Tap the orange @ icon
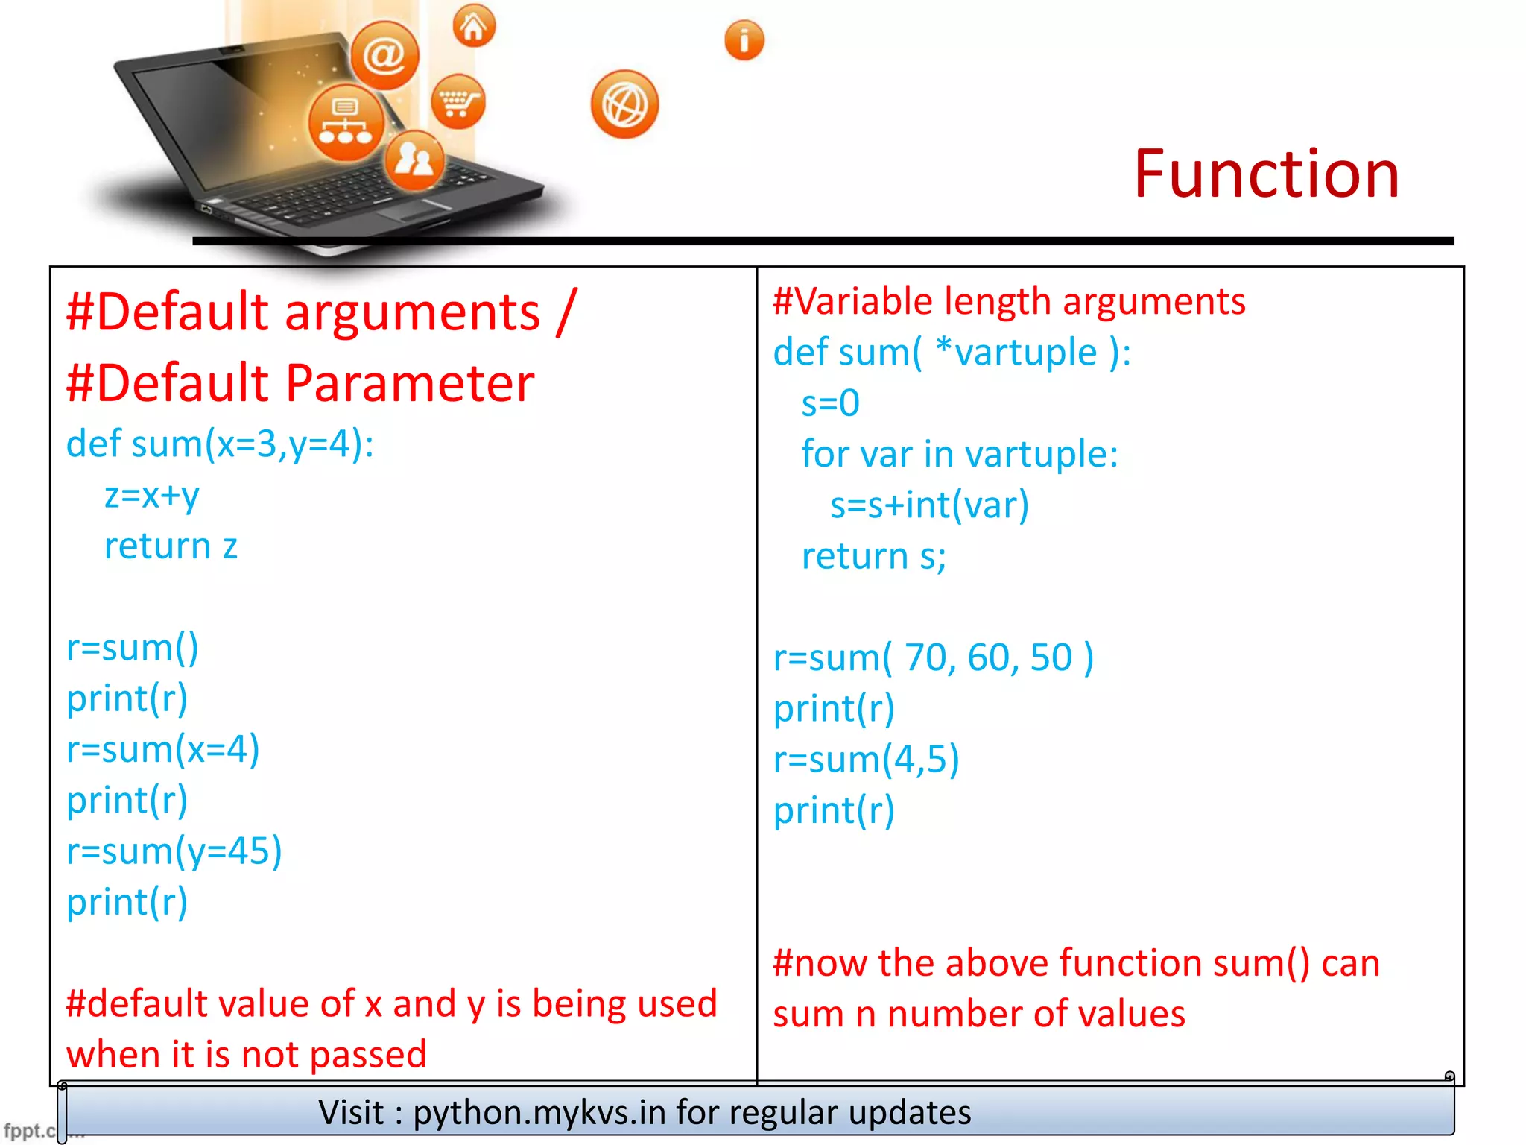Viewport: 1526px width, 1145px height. click(x=384, y=56)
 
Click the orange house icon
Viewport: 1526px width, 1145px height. click(x=474, y=26)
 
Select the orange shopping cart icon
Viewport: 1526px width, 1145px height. click(x=458, y=101)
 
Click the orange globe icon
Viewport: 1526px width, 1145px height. click(x=624, y=104)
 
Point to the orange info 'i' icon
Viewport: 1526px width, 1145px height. click(x=744, y=40)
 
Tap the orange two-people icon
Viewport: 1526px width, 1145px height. click(x=414, y=160)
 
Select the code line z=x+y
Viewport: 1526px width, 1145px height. click(x=152, y=495)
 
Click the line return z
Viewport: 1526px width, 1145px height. click(x=171, y=546)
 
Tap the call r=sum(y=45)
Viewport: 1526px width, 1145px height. click(x=174, y=851)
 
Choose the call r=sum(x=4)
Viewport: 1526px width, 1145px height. click(x=163, y=749)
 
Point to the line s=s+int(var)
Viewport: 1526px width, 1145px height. click(x=929, y=505)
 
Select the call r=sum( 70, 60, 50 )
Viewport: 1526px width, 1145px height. click(x=933, y=657)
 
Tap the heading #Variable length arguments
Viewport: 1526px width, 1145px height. click(x=1009, y=301)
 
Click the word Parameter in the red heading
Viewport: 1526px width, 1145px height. click(x=410, y=383)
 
